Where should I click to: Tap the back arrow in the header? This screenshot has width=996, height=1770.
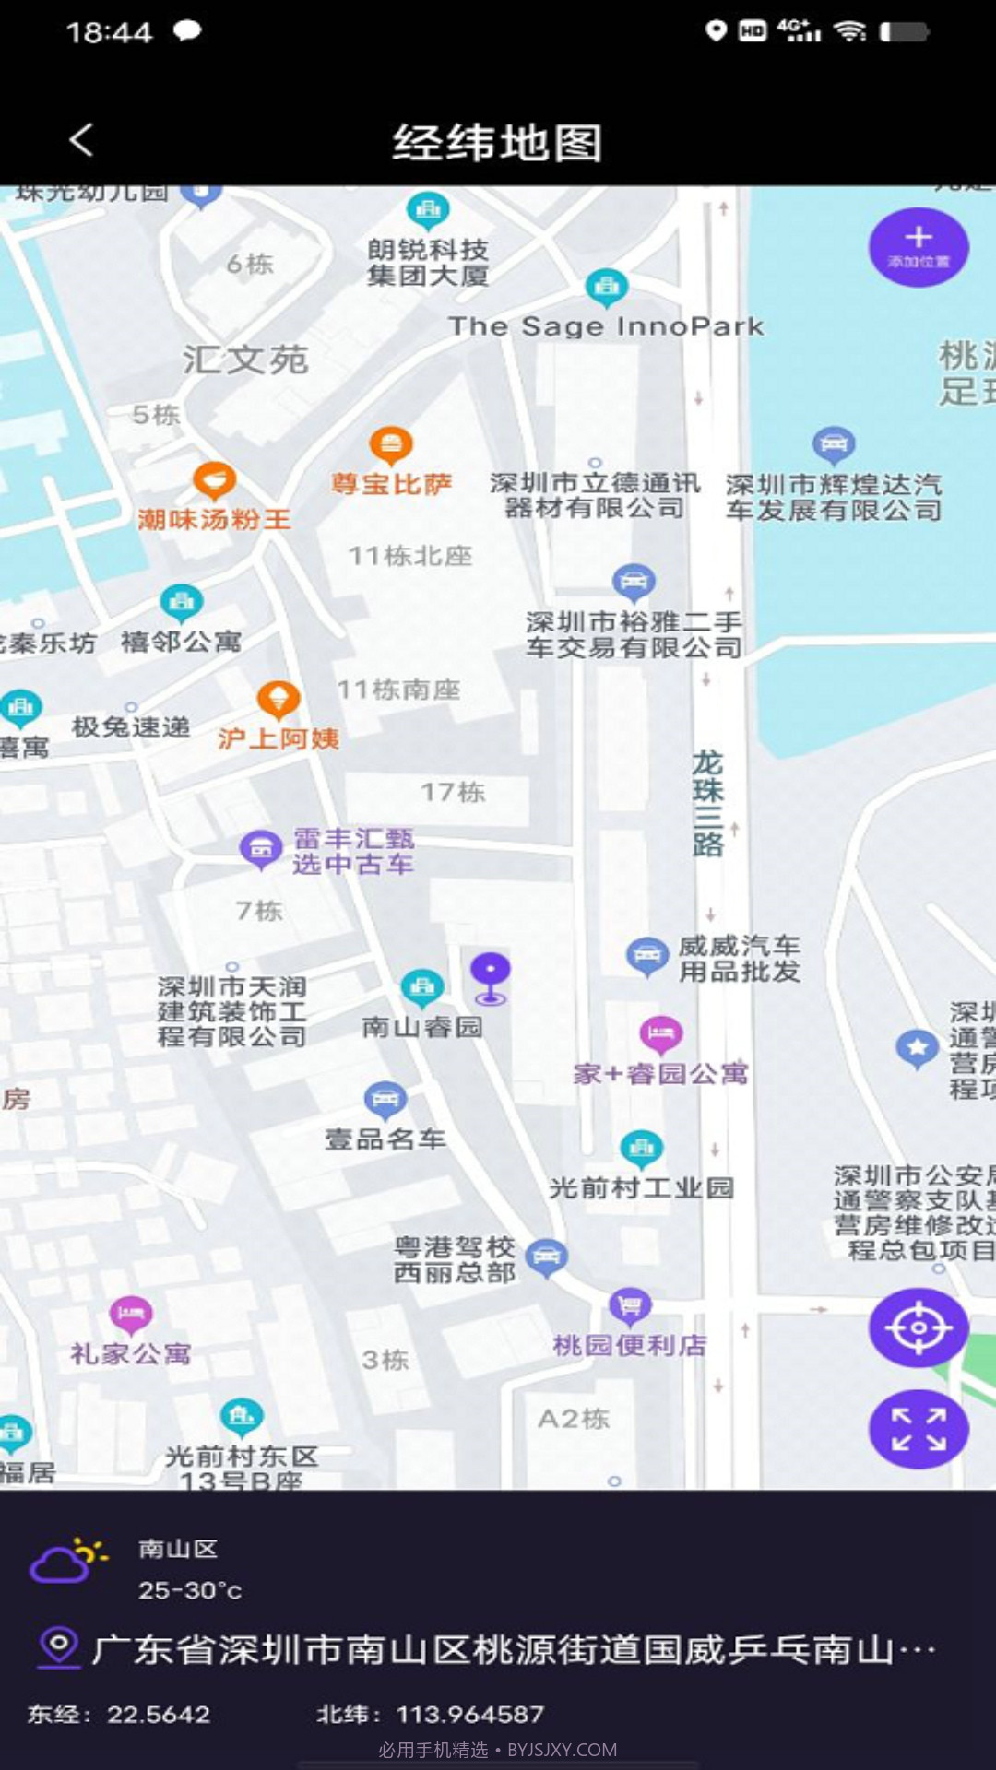[81, 141]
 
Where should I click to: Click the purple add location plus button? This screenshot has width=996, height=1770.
[918, 246]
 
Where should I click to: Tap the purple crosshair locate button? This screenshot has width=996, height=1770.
[918, 1327]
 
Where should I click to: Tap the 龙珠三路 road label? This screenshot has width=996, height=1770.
[707, 803]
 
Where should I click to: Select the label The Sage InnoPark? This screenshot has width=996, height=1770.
[606, 326]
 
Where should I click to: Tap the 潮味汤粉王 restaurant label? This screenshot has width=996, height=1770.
[214, 520]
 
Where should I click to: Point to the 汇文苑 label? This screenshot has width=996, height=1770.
[245, 360]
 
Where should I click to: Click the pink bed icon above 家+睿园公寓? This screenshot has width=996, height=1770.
[660, 1033]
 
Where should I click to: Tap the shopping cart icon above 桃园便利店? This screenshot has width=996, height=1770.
[630, 1305]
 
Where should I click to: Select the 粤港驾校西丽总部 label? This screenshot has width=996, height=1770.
[455, 1260]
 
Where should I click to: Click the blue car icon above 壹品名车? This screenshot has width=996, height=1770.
[385, 1099]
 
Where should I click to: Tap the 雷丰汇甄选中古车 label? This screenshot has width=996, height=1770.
[353, 851]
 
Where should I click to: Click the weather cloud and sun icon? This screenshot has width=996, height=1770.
[67, 1560]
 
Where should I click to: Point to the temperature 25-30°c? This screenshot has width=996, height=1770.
[190, 1590]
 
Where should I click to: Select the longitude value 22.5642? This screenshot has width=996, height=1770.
[159, 1714]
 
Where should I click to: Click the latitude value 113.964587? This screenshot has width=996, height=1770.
[469, 1714]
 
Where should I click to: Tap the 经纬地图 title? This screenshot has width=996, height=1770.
[497, 143]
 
